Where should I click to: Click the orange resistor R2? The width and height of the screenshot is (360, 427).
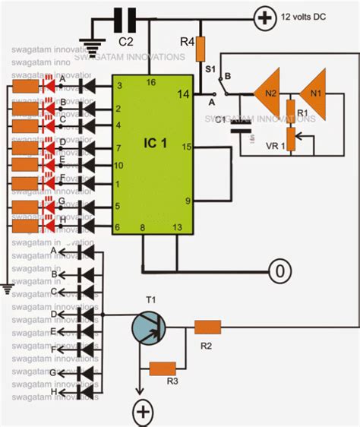tap(207, 327)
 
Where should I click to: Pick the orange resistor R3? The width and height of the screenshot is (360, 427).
tap(163, 369)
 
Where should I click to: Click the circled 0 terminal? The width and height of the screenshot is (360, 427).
tap(279, 270)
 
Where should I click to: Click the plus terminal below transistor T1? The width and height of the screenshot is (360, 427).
tap(143, 412)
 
